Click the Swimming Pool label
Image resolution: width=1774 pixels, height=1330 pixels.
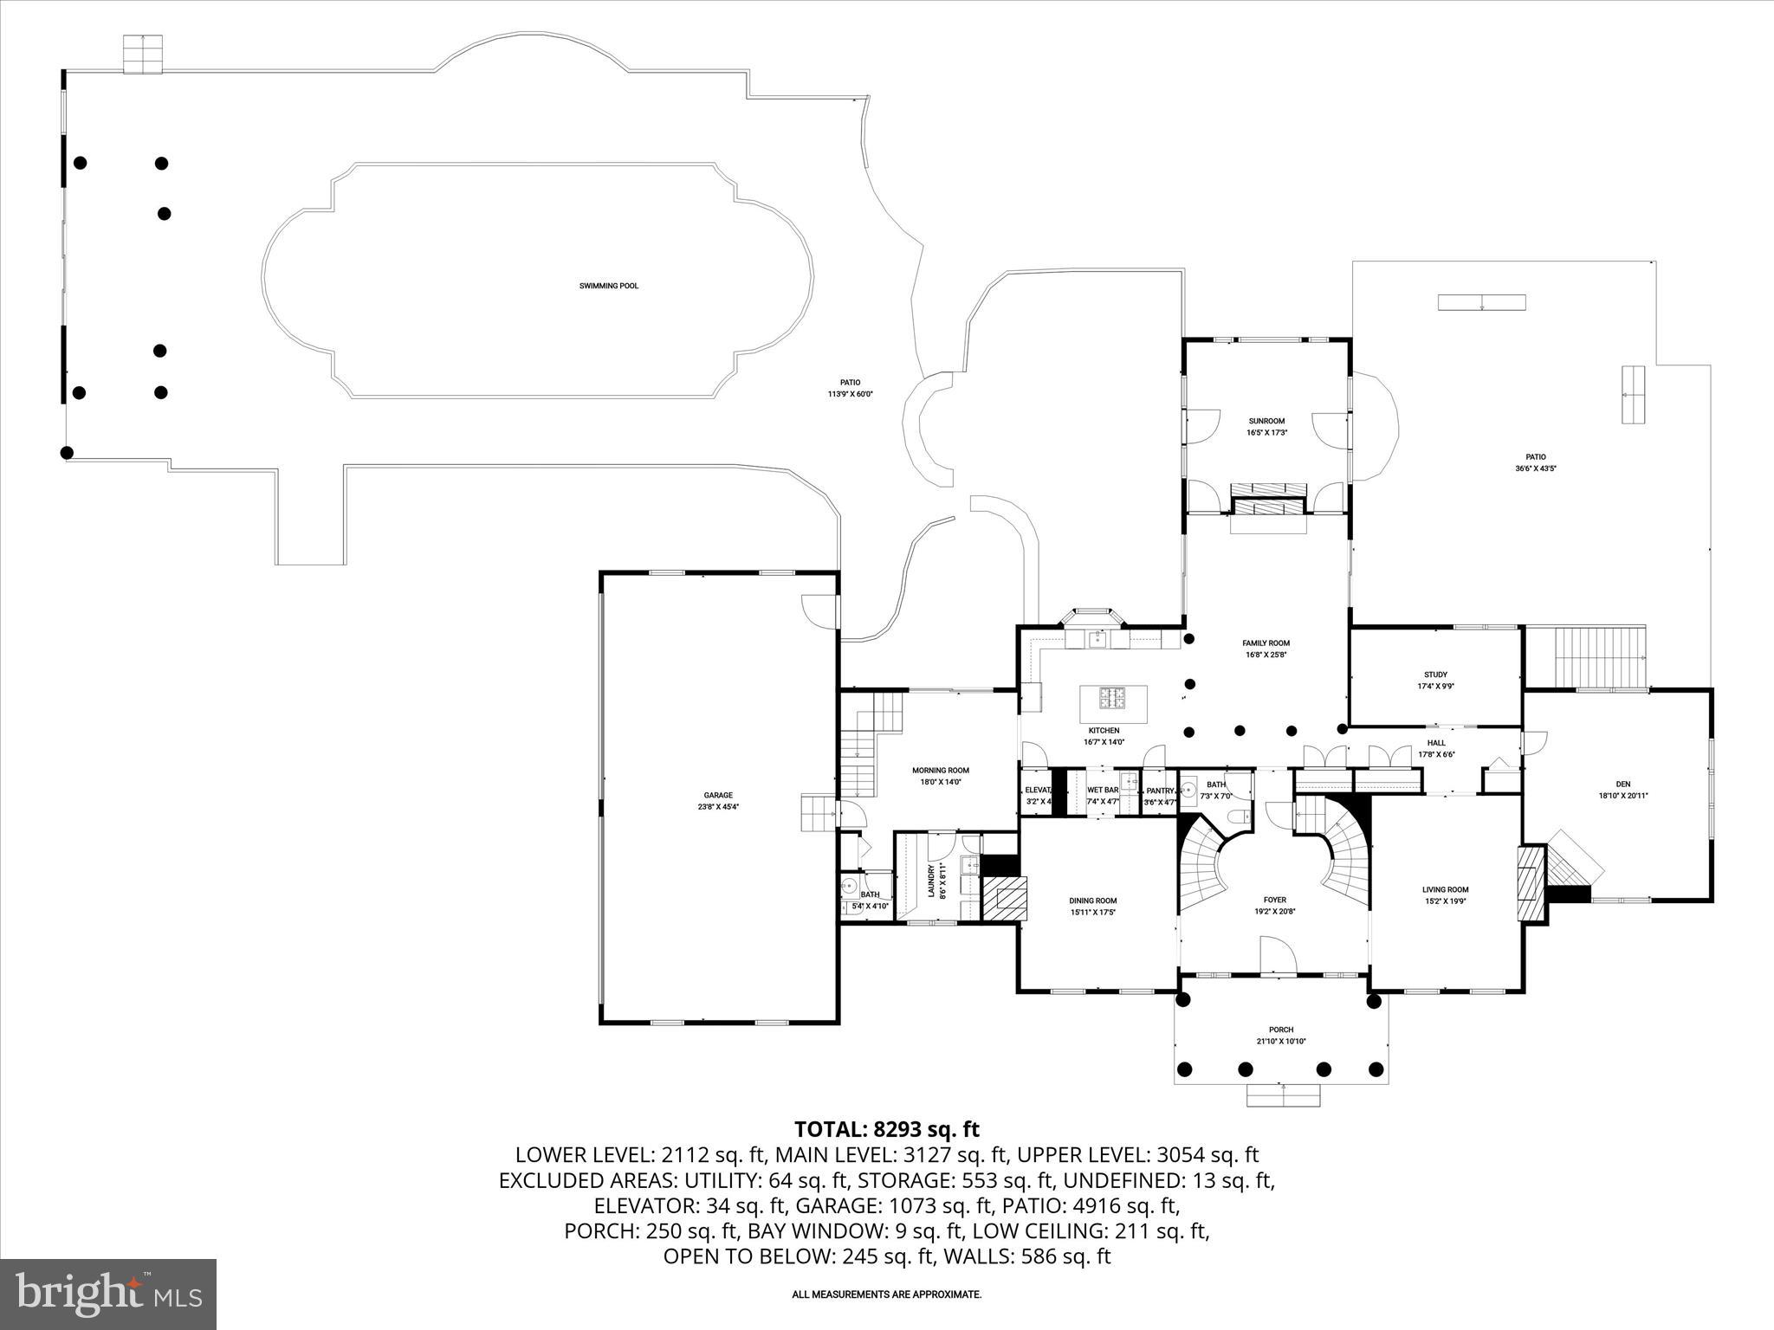[x=609, y=286]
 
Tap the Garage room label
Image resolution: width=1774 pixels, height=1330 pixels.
[x=718, y=795]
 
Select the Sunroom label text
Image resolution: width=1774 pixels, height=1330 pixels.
[x=1266, y=421]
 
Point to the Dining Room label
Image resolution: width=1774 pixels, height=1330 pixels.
[x=1092, y=901]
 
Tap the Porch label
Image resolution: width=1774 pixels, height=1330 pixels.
[x=1281, y=1030]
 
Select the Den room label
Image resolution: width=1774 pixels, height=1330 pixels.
[x=1622, y=784]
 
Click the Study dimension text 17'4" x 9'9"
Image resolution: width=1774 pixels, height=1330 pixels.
[x=1435, y=686]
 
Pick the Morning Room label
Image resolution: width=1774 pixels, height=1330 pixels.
[x=940, y=770]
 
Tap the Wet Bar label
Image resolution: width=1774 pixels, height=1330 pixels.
[x=1103, y=790]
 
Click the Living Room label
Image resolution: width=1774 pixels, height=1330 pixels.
[x=1445, y=889]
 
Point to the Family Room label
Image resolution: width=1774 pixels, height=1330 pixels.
[x=1266, y=643]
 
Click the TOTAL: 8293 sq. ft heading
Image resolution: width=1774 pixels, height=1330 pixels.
[x=886, y=1129]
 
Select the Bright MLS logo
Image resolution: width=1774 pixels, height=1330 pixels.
[x=108, y=1294]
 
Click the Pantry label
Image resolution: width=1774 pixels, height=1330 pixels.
[x=1159, y=791]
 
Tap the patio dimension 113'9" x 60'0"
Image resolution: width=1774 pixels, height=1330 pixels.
[x=850, y=394]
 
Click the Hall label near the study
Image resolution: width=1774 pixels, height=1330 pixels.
[x=1436, y=743]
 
